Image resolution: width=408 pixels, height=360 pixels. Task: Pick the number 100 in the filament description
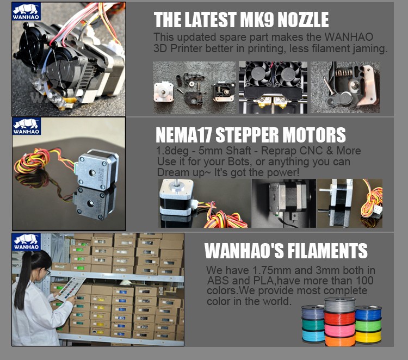pyautogui.click(x=364, y=281)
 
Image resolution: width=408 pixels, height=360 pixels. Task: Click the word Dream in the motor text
pyautogui.click(x=170, y=172)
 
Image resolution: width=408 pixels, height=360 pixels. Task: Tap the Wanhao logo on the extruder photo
pyautogui.click(x=26, y=12)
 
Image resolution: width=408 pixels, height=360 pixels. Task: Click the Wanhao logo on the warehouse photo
pyautogui.click(x=27, y=242)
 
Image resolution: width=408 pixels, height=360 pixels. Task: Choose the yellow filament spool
pyautogui.click(x=368, y=336)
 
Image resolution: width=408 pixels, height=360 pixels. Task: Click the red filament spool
pyautogui.click(x=339, y=318)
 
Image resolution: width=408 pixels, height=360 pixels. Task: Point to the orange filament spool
pyautogui.click(x=340, y=340)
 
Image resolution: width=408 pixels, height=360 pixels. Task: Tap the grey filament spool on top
pyautogui.click(x=339, y=305)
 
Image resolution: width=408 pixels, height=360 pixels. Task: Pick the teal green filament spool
pyautogui.click(x=313, y=325)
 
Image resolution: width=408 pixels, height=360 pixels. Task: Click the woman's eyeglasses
pyautogui.click(x=47, y=272)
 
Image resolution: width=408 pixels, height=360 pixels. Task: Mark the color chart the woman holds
pyautogui.click(x=70, y=289)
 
